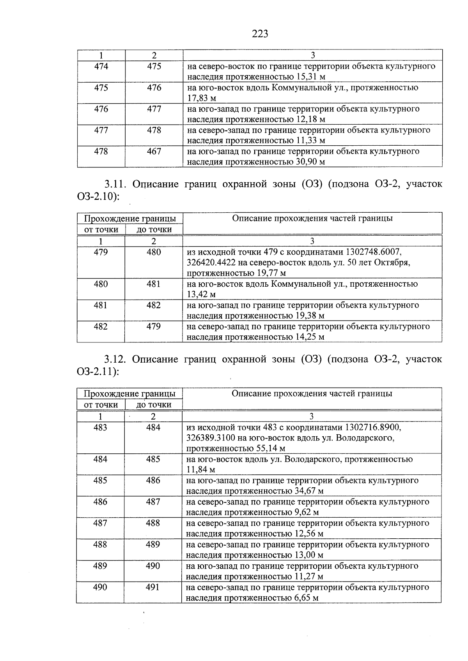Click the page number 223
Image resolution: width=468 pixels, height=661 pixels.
pyautogui.click(x=260, y=34)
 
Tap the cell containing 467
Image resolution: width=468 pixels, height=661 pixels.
pyautogui.click(x=154, y=152)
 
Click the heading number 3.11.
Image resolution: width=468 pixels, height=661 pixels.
pyautogui.click(x=115, y=184)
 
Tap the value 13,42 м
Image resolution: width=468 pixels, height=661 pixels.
pyautogui.click(x=201, y=294)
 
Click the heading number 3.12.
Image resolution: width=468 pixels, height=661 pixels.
pyautogui.click(x=115, y=359)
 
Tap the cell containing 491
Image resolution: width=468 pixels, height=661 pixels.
pyautogui.click(x=153, y=587)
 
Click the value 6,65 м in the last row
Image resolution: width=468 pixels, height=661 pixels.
pyautogui.click(x=305, y=598)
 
